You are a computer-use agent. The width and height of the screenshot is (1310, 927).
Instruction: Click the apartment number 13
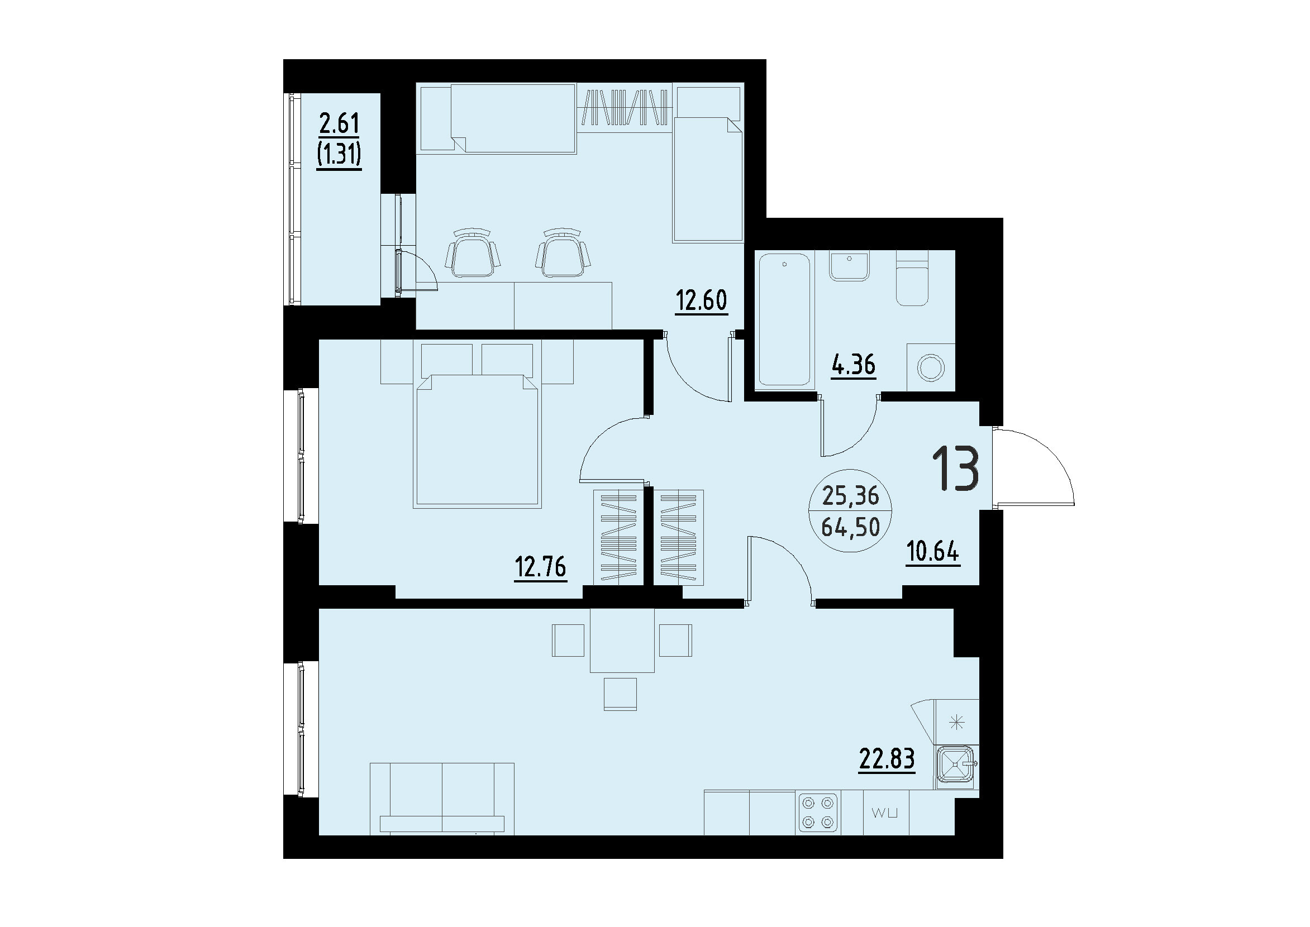pyautogui.click(x=956, y=469)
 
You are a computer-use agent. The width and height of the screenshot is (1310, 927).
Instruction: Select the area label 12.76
pyautogui.click(x=540, y=567)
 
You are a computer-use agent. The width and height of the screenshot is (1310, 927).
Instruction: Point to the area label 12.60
pyautogui.click(x=701, y=300)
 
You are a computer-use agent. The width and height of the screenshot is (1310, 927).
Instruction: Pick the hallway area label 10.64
pyautogui.click(x=933, y=552)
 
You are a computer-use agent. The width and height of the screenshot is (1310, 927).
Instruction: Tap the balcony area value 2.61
pyautogui.click(x=339, y=124)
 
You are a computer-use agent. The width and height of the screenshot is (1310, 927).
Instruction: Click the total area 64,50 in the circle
pyautogui.click(x=850, y=527)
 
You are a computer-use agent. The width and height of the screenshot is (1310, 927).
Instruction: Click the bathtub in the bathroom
pyautogui.click(x=785, y=321)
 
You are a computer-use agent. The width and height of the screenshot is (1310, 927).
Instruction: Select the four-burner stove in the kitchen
pyautogui.click(x=818, y=813)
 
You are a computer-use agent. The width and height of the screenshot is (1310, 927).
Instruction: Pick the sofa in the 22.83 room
pyautogui.click(x=442, y=799)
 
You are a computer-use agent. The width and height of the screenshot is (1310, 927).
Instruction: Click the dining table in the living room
pyautogui.click(x=622, y=639)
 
